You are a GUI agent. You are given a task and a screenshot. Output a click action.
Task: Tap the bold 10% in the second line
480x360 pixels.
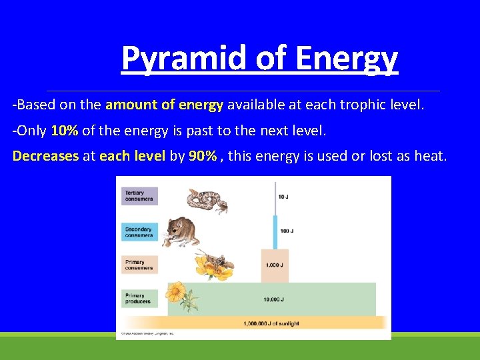tap(65, 131)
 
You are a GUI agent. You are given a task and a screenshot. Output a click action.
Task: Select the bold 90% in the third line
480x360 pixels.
tap(202, 156)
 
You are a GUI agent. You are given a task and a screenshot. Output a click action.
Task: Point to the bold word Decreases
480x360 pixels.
tap(45, 156)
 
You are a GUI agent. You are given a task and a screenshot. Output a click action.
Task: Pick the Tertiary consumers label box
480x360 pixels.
tap(140, 195)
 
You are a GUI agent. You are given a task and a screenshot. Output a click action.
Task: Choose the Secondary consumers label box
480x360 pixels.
tap(140, 231)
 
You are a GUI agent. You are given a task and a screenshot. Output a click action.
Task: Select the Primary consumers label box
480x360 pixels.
tap(140, 265)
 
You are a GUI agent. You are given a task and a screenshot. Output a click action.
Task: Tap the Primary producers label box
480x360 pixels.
tap(140, 298)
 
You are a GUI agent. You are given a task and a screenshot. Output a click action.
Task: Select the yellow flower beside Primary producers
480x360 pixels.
tap(177, 295)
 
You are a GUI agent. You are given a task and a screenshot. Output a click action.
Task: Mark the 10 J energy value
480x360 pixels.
tap(284, 197)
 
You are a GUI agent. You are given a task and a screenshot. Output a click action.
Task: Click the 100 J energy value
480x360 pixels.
tap(287, 231)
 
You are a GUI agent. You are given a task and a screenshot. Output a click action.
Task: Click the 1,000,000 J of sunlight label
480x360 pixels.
tap(271, 323)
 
